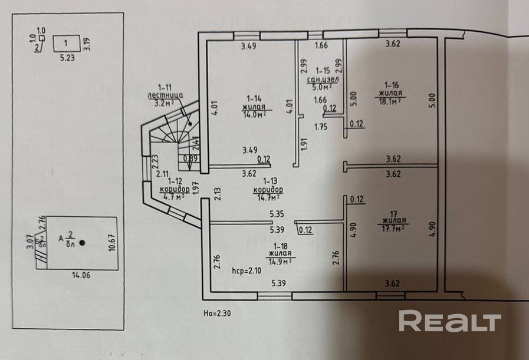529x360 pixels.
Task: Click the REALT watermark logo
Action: [449, 322]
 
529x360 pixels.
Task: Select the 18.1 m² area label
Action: [389, 101]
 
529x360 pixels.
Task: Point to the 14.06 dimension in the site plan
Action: [77, 274]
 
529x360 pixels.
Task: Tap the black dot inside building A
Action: [82, 242]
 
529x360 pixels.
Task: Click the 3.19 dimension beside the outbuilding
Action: [86, 44]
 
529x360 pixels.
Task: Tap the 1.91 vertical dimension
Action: [304, 144]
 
